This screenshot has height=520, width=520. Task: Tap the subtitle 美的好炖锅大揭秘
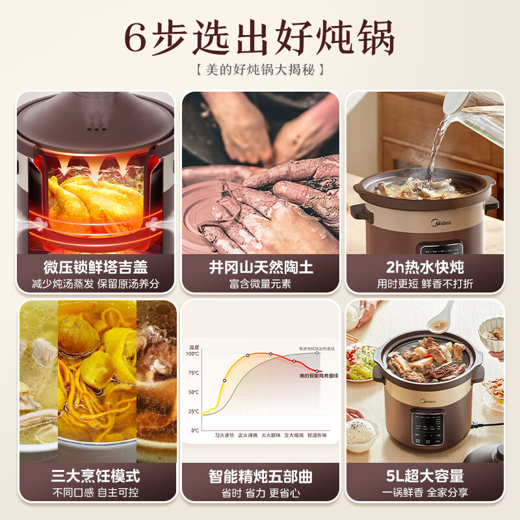(x=259, y=69)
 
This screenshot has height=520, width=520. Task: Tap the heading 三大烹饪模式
(x=96, y=476)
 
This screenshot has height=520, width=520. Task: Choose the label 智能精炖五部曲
(x=260, y=476)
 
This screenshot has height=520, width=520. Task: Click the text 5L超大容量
(x=424, y=476)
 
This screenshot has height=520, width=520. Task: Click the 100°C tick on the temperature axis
(x=192, y=354)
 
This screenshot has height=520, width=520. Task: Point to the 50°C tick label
(x=194, y=392)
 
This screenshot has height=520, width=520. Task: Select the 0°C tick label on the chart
(x=195, y=430)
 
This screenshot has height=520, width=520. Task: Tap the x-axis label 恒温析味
(x=317, y=437)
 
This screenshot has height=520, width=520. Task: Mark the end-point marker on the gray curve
(x=317, y=353)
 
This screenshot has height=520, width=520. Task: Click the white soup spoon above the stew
(x=442, y=317)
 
